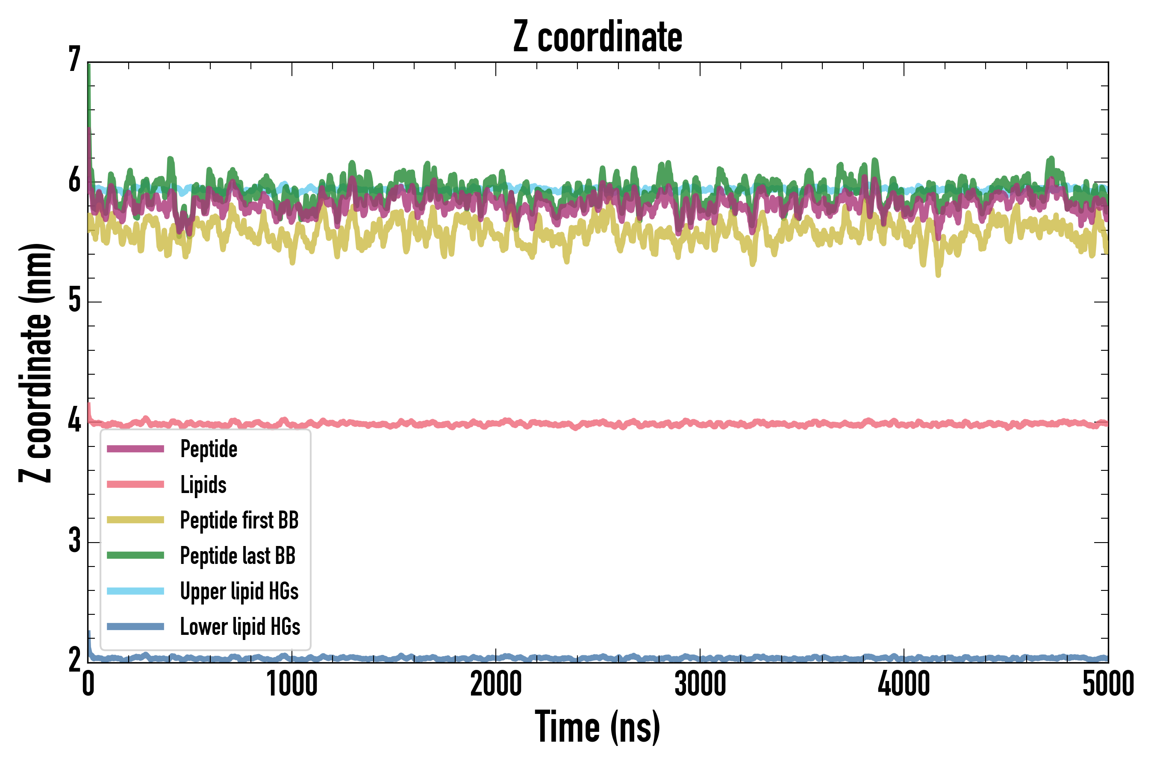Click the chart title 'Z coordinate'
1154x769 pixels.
coord(597,37)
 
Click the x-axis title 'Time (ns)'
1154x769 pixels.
coord(597,727)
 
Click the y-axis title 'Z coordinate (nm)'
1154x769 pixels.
coord(35,363)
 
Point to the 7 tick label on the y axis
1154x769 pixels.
coord(74,60)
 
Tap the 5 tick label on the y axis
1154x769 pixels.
coord(74,300)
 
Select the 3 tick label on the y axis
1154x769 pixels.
coord(74,541)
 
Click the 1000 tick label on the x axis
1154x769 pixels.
coord(292,685)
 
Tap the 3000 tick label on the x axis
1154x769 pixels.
coord(700,685)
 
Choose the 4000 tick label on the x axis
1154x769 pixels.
coord(904,685)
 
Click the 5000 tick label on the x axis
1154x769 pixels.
coord(1108,685)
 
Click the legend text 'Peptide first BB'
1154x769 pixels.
coord(239,520)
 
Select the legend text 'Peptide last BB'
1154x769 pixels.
coord(238,556)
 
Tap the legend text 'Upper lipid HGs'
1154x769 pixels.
coord(239,591)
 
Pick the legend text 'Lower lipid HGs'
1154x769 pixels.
coord(240,627)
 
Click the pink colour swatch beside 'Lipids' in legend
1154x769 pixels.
coord(135,484)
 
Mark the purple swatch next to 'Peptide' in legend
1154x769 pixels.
coord(135,449)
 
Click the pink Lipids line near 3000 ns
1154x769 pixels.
coord(700,424)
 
